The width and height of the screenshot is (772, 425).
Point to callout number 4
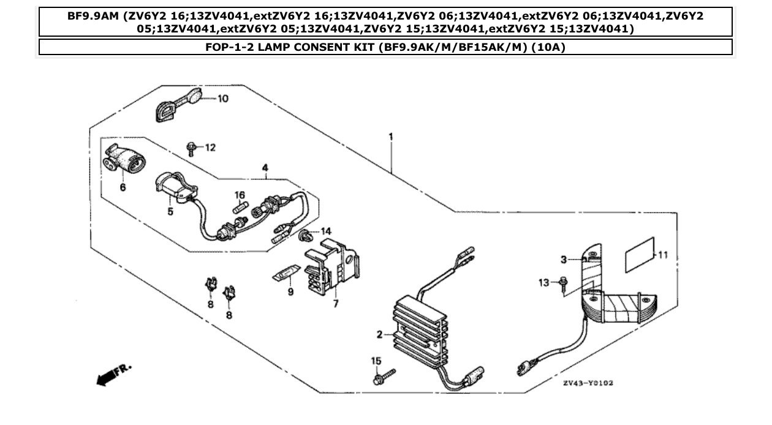click(265, 167)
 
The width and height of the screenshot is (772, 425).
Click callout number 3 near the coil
click(564, 260)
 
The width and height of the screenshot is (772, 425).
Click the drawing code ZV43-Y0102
click(588, 383)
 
